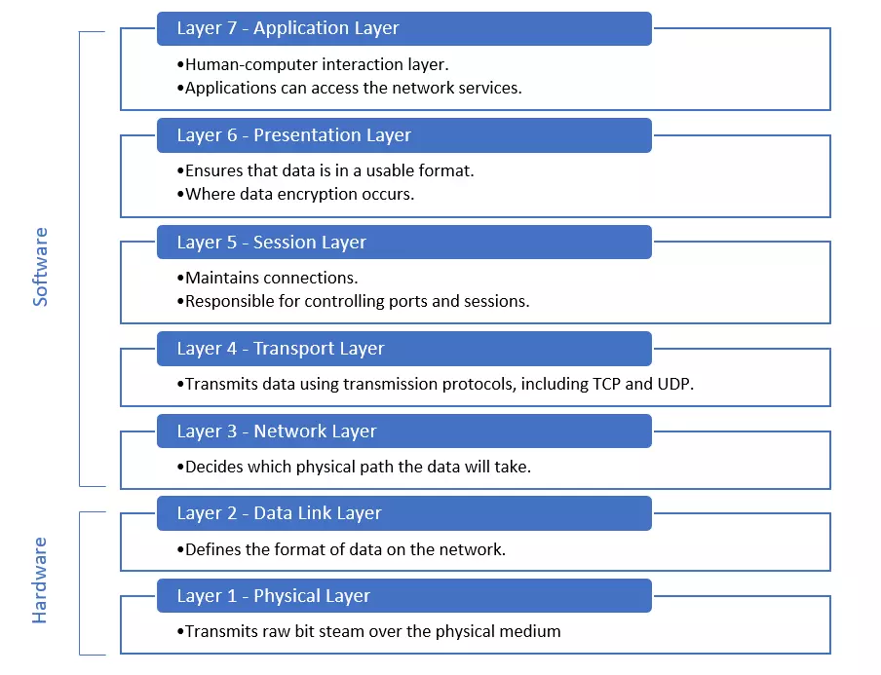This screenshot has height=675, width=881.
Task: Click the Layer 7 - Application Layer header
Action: [404, 28]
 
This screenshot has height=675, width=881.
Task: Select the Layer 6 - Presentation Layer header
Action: [404, 135]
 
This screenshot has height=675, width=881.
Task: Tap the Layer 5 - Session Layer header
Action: [404, 242]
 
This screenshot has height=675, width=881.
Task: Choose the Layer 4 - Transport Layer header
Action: [404, 349]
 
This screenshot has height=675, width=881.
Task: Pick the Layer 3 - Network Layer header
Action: [404, 431]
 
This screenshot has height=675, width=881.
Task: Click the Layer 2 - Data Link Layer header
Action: [404, 513]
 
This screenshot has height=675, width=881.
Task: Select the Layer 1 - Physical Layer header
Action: [404, 596]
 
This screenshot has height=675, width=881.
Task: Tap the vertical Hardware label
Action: [40, 581]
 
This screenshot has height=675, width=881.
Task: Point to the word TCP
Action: [606, 384]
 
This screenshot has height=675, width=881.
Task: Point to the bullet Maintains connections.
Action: [267, 278]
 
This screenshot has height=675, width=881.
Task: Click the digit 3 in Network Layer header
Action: [232, 431]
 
